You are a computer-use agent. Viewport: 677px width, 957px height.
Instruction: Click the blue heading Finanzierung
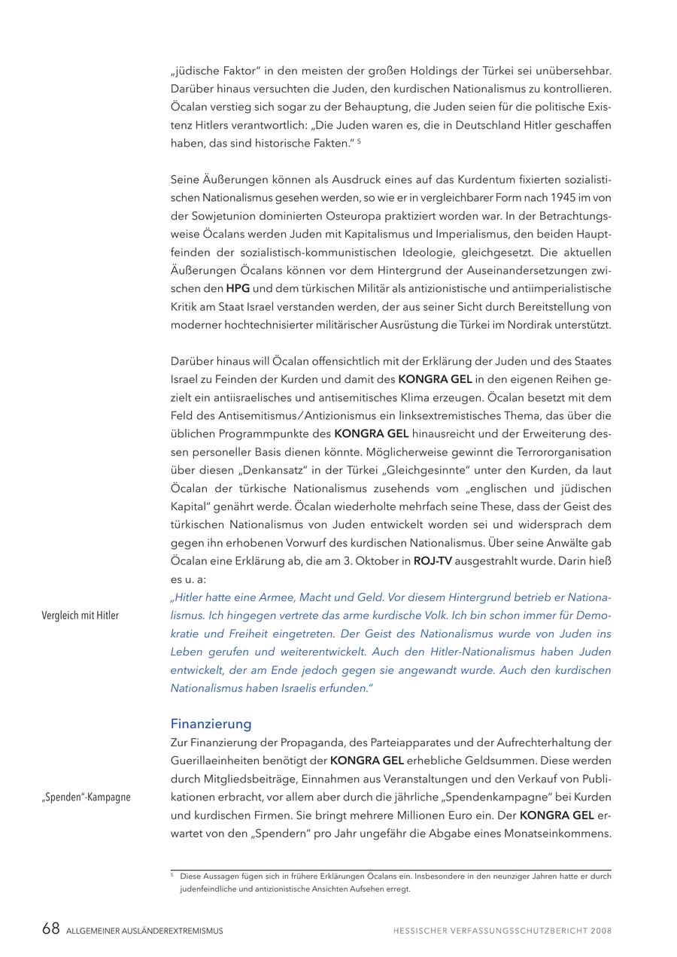point(211,725)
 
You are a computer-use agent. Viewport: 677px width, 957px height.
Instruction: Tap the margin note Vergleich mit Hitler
point(80,615)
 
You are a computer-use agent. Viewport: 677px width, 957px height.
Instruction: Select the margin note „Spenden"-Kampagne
point(85,797)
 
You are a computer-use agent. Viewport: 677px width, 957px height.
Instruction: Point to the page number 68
point(50,929)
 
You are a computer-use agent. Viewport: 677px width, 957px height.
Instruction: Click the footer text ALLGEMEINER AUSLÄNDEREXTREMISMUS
point(144,931)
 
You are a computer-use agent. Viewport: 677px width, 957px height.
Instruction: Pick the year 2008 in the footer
point(601,931)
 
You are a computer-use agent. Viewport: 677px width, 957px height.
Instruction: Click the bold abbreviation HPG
point(238,288)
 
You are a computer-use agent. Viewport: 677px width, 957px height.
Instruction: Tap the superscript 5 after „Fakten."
point(359,141)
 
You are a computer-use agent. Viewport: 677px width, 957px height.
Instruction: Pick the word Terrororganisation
point(557,452)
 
